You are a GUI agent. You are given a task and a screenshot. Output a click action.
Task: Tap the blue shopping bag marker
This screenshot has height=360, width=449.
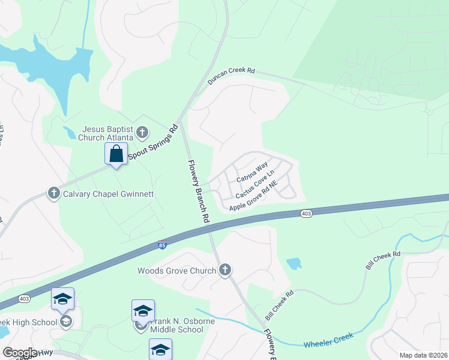pos(116,154)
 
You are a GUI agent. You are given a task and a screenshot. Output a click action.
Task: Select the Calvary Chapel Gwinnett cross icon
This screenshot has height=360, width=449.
pos(54,193)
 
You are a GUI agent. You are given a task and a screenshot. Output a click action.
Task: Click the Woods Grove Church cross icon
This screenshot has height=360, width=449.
pos(225,270)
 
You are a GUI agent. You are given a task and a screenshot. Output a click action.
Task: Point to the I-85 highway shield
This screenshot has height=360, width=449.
pos(162,245)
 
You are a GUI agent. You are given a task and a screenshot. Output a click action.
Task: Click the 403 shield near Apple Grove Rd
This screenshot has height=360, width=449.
pos(306,214)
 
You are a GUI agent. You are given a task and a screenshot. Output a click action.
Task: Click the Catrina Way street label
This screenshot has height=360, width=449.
pos(252,173)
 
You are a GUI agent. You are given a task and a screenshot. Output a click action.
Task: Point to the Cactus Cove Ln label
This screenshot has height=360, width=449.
pos(259,185)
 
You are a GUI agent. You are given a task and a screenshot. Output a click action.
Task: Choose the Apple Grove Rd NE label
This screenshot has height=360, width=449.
pos(253,199)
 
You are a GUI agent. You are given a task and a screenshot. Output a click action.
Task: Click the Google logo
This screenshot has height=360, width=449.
pos(20,352)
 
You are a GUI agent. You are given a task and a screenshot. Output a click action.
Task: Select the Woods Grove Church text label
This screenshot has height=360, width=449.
pos(176,271)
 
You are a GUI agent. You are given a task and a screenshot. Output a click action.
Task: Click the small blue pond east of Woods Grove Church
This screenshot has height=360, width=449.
pos(294,263)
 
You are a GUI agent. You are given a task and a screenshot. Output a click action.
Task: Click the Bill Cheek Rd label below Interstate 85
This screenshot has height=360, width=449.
pos(280,305)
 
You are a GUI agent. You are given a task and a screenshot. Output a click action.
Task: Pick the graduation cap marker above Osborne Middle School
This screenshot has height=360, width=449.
pos(143,311)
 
